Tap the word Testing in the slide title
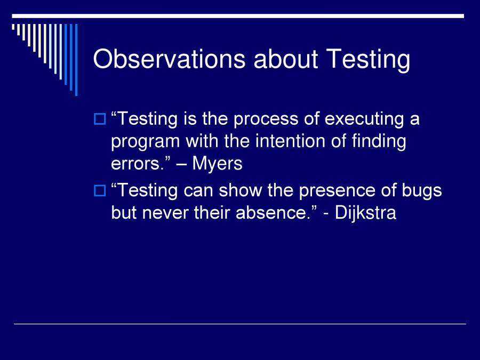(x=369, y=59)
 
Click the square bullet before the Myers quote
(x=100, y=119)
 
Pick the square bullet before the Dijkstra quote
(x=100, y=190)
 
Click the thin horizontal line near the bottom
(x=240, y=324)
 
